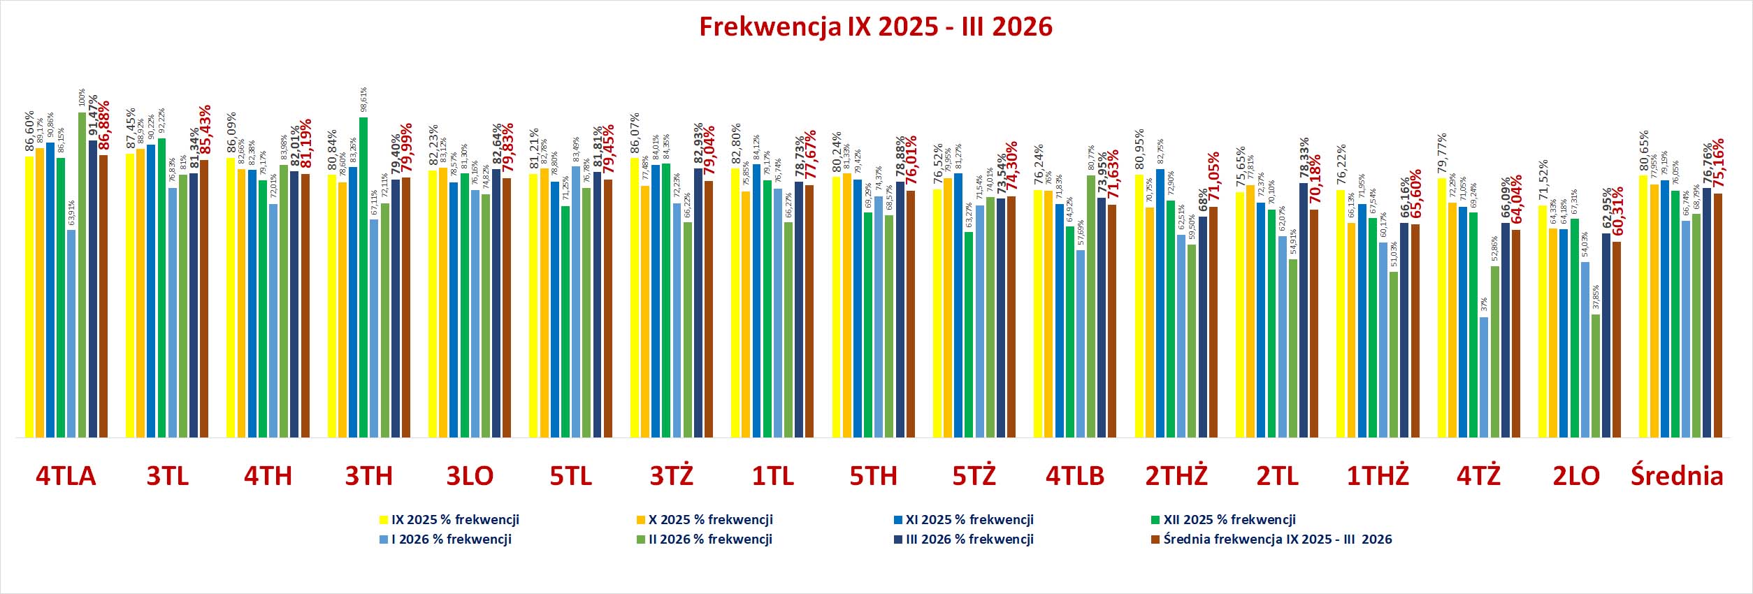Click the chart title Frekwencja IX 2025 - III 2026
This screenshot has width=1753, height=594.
click(875, 27)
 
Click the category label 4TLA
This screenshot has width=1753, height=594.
click(66, 476)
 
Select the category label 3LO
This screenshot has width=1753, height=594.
click(470, 476)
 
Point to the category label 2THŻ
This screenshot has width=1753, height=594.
click(1176, 476)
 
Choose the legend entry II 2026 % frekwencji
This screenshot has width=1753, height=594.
click(709, 539)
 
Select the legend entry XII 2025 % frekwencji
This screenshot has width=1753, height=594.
click(1229, 520)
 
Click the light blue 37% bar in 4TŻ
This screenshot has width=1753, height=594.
click(1484, 377)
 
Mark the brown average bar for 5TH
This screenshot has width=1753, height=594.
click(911, 314)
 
